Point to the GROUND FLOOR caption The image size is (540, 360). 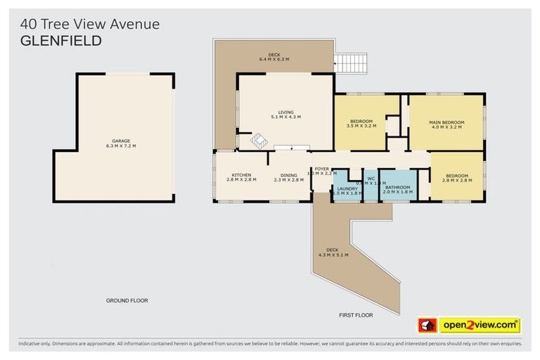[x=127, y=300]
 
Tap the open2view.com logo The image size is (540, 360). [x=480, y=325]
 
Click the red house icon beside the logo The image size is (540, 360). [x=427, y=325]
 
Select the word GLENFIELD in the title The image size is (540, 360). [x=61, y=41]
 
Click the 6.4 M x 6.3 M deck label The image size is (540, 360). [x=275, y=57]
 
